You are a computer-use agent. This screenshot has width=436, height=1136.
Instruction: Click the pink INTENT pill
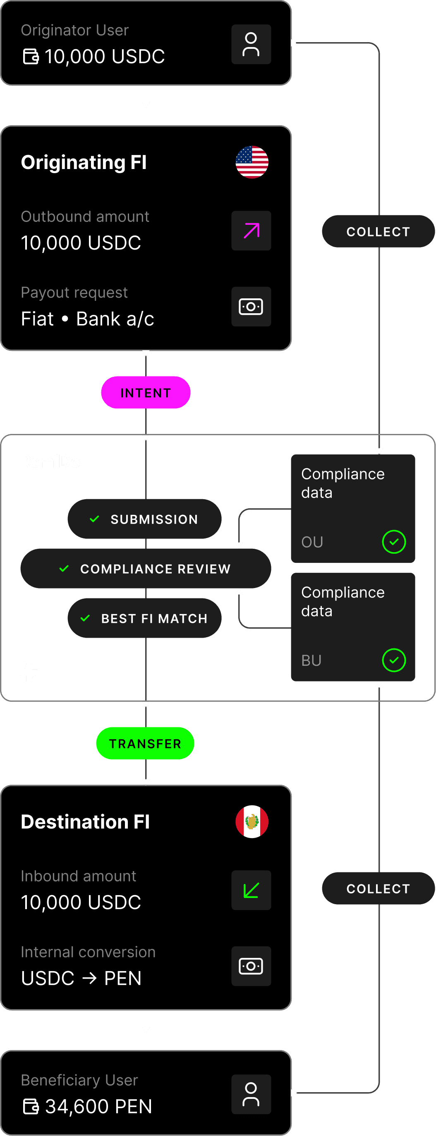click(x=146, y=393)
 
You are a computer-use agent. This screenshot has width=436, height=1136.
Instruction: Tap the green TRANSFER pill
click(x=145, y=743)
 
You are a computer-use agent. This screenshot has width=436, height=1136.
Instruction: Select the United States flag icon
click(x=252, y=162)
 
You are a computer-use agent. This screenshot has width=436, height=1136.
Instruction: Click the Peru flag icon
click(x=252, y=822)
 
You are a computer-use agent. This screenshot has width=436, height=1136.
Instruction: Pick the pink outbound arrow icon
click(x=251, y=231)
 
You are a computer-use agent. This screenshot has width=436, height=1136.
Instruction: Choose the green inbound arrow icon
click(x=251, y=890)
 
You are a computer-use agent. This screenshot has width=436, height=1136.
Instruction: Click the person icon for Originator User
click(x=251, y=45)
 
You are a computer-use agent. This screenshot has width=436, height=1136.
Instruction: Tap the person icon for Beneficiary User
click(x=251, y=1095)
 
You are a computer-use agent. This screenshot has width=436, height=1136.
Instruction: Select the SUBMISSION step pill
click(x=144, y=519)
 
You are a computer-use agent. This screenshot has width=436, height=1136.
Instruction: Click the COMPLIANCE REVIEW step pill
click(x=146, y=569)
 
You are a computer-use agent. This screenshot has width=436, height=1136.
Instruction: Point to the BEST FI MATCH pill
click(x=144, y=618)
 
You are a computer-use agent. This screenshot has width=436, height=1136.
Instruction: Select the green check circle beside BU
click(x=394, y=660)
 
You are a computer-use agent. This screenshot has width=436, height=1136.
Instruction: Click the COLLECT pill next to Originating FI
click(x=378, y=231)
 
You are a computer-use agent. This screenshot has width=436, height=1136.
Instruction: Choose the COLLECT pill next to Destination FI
click(x=378, y=888)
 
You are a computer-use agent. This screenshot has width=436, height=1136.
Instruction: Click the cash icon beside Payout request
click(x=251, y=307)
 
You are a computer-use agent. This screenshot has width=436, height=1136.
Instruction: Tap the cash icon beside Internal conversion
click(x=251, y=966)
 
